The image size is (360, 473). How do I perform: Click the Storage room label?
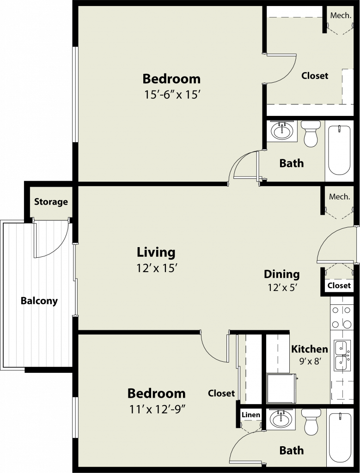point(51,202)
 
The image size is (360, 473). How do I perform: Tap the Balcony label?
point(39,301)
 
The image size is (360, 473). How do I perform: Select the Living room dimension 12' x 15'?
point(156,268)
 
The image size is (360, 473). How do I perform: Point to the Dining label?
point(282,274)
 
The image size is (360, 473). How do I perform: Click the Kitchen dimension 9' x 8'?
point(310,361)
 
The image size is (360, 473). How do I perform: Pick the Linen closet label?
point(251,415)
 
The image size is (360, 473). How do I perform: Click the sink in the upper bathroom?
point(282,131)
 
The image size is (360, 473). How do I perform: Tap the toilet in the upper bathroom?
point(311,133)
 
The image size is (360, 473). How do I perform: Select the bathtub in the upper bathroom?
point(340,150)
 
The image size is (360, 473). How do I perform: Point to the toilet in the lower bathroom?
point(311,422)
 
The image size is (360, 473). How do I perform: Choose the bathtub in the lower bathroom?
point(340,438)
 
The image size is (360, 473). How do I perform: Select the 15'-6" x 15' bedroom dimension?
point(172,95)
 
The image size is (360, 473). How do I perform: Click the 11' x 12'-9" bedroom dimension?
point(157,409)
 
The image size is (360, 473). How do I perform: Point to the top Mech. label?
point(341,15)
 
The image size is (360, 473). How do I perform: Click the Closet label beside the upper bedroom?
point(315,75)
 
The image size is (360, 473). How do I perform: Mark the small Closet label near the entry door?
point(339,285)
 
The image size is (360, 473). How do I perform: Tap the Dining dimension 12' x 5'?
point(283,288)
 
